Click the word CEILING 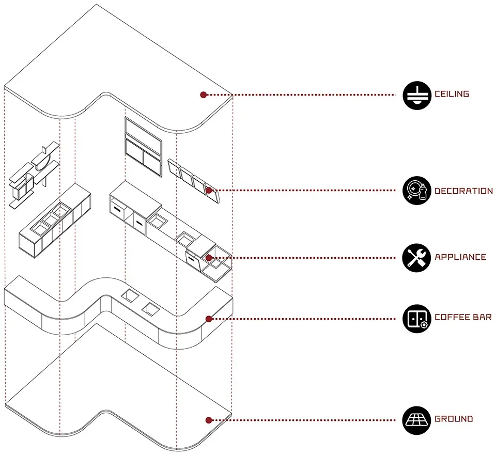point(452,94)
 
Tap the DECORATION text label point(463,191)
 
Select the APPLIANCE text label point(460,257)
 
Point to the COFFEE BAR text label point(463,317)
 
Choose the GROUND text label point(454,419)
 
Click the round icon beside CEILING point(416,95)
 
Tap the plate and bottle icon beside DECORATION point(416,191)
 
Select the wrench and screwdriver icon point(416,257)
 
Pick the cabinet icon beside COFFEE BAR point(416,318)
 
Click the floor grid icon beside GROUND point(416,419)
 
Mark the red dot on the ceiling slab point(204,95)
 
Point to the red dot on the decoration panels point(209,191)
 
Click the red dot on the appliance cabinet point(209,257)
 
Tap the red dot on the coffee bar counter point(209,319)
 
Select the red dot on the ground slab point(209,420)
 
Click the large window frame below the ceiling point(142,144)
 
